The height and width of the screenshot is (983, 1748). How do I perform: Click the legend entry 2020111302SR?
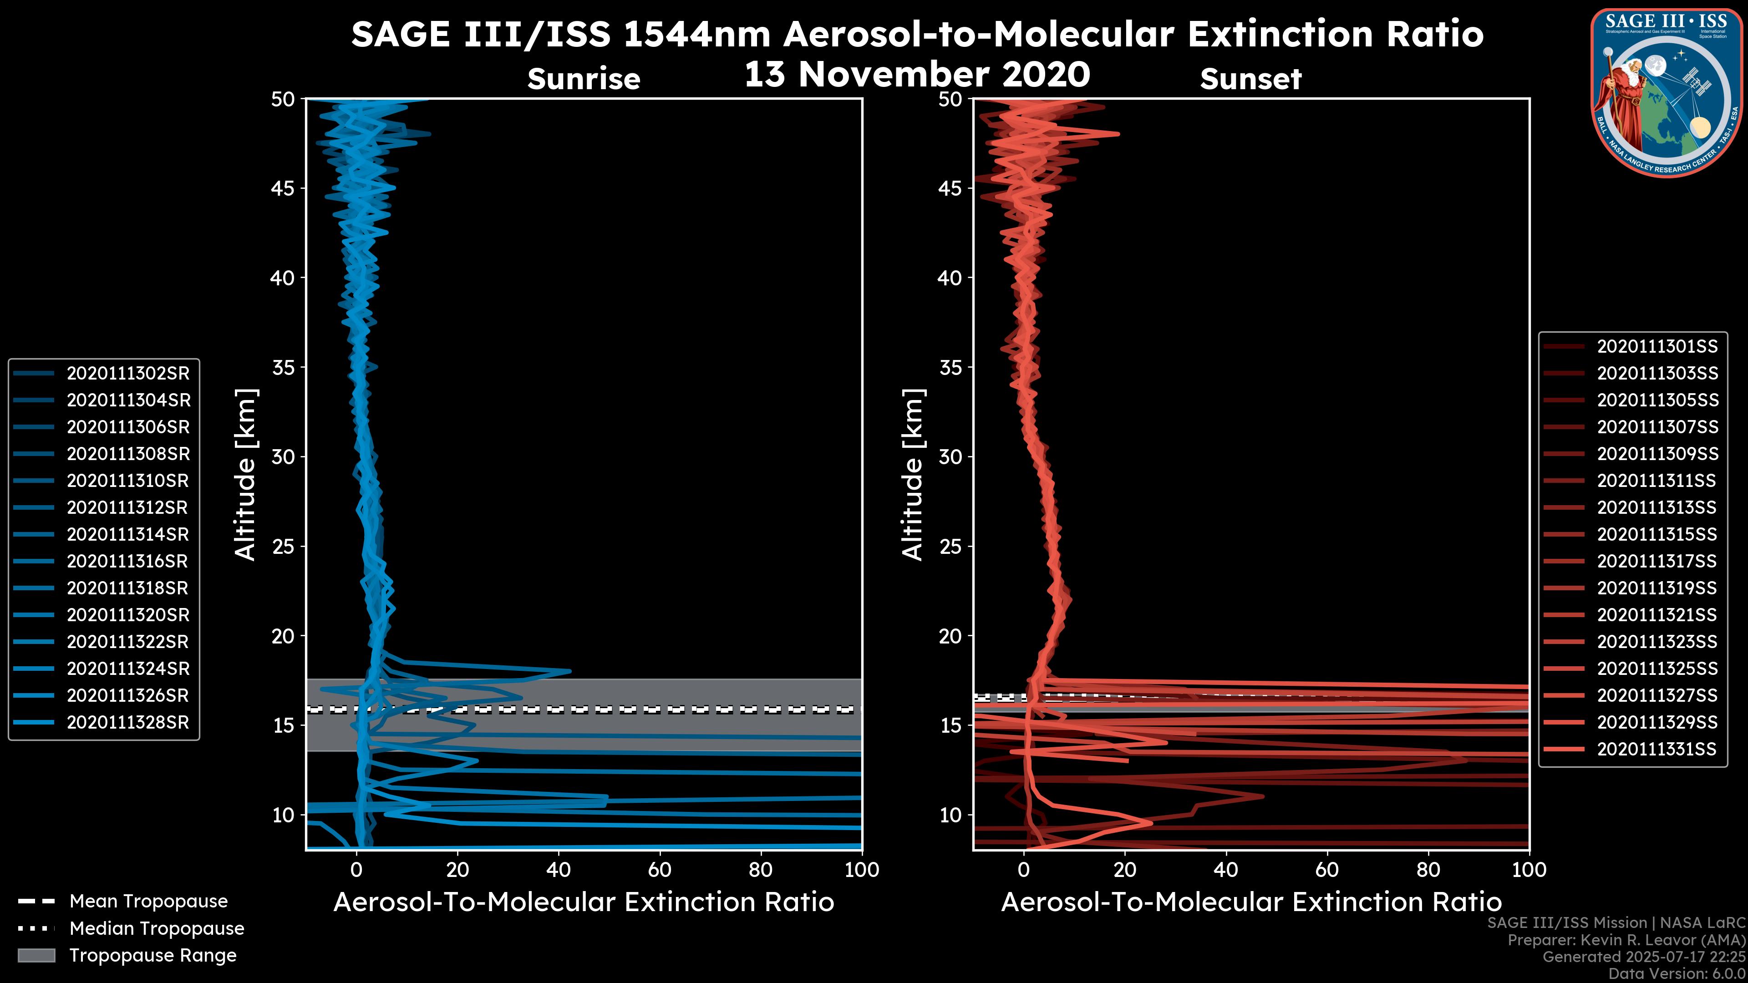pos(127,373)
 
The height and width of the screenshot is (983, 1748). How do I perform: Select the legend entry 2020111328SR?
pos(127,723)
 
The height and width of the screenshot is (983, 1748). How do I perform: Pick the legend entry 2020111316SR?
pos(127,561)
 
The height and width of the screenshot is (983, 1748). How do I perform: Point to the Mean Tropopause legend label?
pos(148,902)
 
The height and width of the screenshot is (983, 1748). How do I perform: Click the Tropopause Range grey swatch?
pos(36,955)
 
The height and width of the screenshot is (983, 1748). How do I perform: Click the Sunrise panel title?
pos(584,79)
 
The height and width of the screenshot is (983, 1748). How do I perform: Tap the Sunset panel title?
pos(1250,79)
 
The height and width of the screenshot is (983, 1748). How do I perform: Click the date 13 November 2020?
pos(917,75)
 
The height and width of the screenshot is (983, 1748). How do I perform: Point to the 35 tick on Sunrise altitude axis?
pos(283,368)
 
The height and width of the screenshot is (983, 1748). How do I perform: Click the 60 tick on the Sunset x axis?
pos(1326,870)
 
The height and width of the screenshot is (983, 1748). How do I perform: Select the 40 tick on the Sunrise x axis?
pos(559,870)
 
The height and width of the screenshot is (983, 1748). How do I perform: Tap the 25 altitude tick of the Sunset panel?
pos(950,547)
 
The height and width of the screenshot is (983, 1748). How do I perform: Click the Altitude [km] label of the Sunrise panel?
pos(246,474)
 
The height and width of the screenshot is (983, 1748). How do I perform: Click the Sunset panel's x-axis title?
pos(1250,902)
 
